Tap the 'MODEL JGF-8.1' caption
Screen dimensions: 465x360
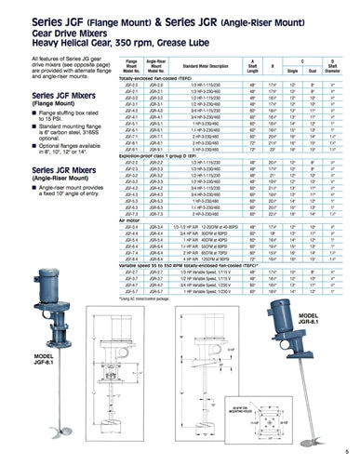click(x=52, y=359)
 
